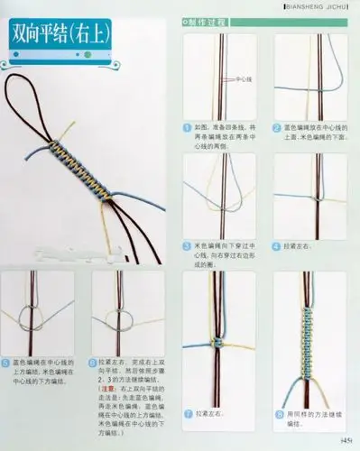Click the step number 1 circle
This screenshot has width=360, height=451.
pos(187,127)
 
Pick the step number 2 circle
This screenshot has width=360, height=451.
pos(273,127)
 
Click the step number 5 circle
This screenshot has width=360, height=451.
pos(7,362)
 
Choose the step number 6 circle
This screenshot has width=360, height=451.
pos(93,362)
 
